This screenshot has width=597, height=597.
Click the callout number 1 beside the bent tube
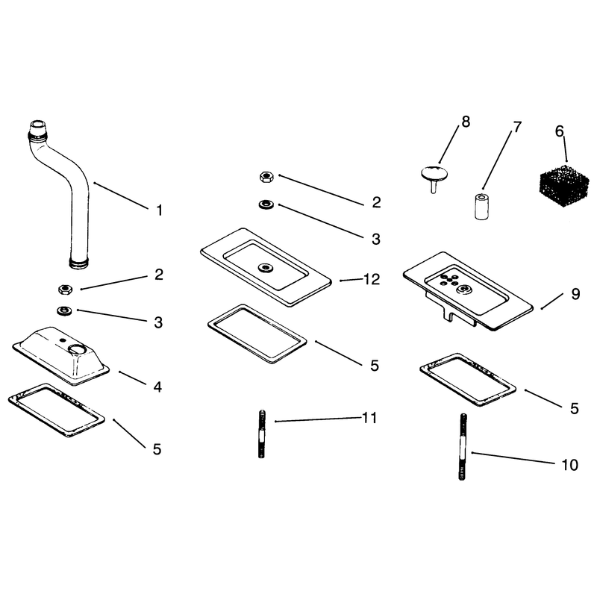pyautogui.click(x=160, y=210)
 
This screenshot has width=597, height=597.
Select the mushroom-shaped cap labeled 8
pyautogui.click(x=434, y=177)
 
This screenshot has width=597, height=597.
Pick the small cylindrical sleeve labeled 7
pyautogui.click(x=481, y=206)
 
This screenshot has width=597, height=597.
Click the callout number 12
pyautogui.click(x=372, y=279)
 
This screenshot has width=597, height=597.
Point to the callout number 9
pyautogui.click(x=575, y=294)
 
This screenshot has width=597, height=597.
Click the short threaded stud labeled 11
pyautogui.click(x=262, y=434)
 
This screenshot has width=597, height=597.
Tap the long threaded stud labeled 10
pyautogui.click(x=462, y=446)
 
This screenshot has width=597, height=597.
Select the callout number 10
pyautogui.click(x=569, y=465)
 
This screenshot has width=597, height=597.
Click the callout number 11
pyautogui.click(x=369, y=418)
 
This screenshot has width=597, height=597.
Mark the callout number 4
pyautogui.click(x=157, y=387)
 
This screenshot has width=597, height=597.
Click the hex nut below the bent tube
pyautogui.click(x=66, y=290)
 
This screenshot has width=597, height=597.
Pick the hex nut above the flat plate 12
pyautogui.click(x=266, y=177)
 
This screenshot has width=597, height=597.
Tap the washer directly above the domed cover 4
pyautogui.click(x=64, y=310)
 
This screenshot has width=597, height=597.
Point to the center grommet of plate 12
pyautogui.click(x=265, y=267)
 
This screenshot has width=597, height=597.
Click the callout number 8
pyautogui.click(x=466, y=122)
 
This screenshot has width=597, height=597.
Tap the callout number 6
pyautogui.click(x=559, y=131)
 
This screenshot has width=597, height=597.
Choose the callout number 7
pyautogui.click(x=516, y=127)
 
